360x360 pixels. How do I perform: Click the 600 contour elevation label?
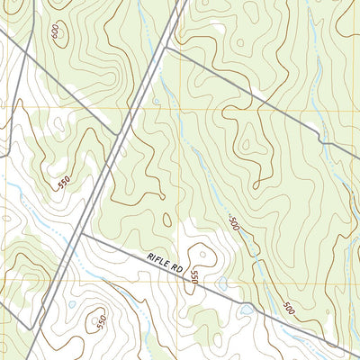click(x=57, y=31)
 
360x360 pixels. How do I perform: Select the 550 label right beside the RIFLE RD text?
click(x=193, y=283)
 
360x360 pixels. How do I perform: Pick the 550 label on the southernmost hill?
click(x=102, y=321)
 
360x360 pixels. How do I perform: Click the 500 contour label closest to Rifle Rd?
click(x=288, y=308)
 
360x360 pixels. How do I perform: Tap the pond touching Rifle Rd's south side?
click(x=245, y=310)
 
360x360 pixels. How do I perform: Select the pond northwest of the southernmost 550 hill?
click(x=72, y=303)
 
